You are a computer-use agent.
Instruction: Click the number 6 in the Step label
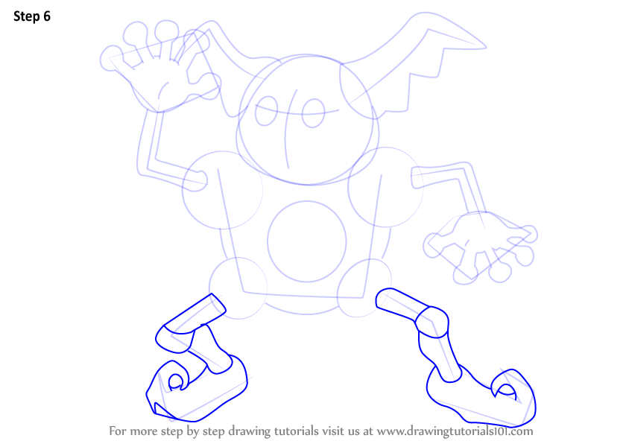(47, 16)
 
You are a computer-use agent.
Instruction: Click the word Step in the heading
(27, 16)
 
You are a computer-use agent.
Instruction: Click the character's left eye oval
(266, 111)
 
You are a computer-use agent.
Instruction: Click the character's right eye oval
(313, 113)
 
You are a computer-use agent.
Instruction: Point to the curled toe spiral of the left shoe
(177, 381)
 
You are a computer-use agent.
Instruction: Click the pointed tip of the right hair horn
(486, 48)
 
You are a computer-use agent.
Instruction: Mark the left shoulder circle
(222, 191)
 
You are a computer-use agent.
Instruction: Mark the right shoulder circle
(385, 187)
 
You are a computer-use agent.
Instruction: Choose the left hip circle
(238, 288)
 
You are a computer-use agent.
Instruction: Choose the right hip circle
(364, 288)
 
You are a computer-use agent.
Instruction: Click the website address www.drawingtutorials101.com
(455, 431)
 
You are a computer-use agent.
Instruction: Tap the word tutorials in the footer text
(297, 431)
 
